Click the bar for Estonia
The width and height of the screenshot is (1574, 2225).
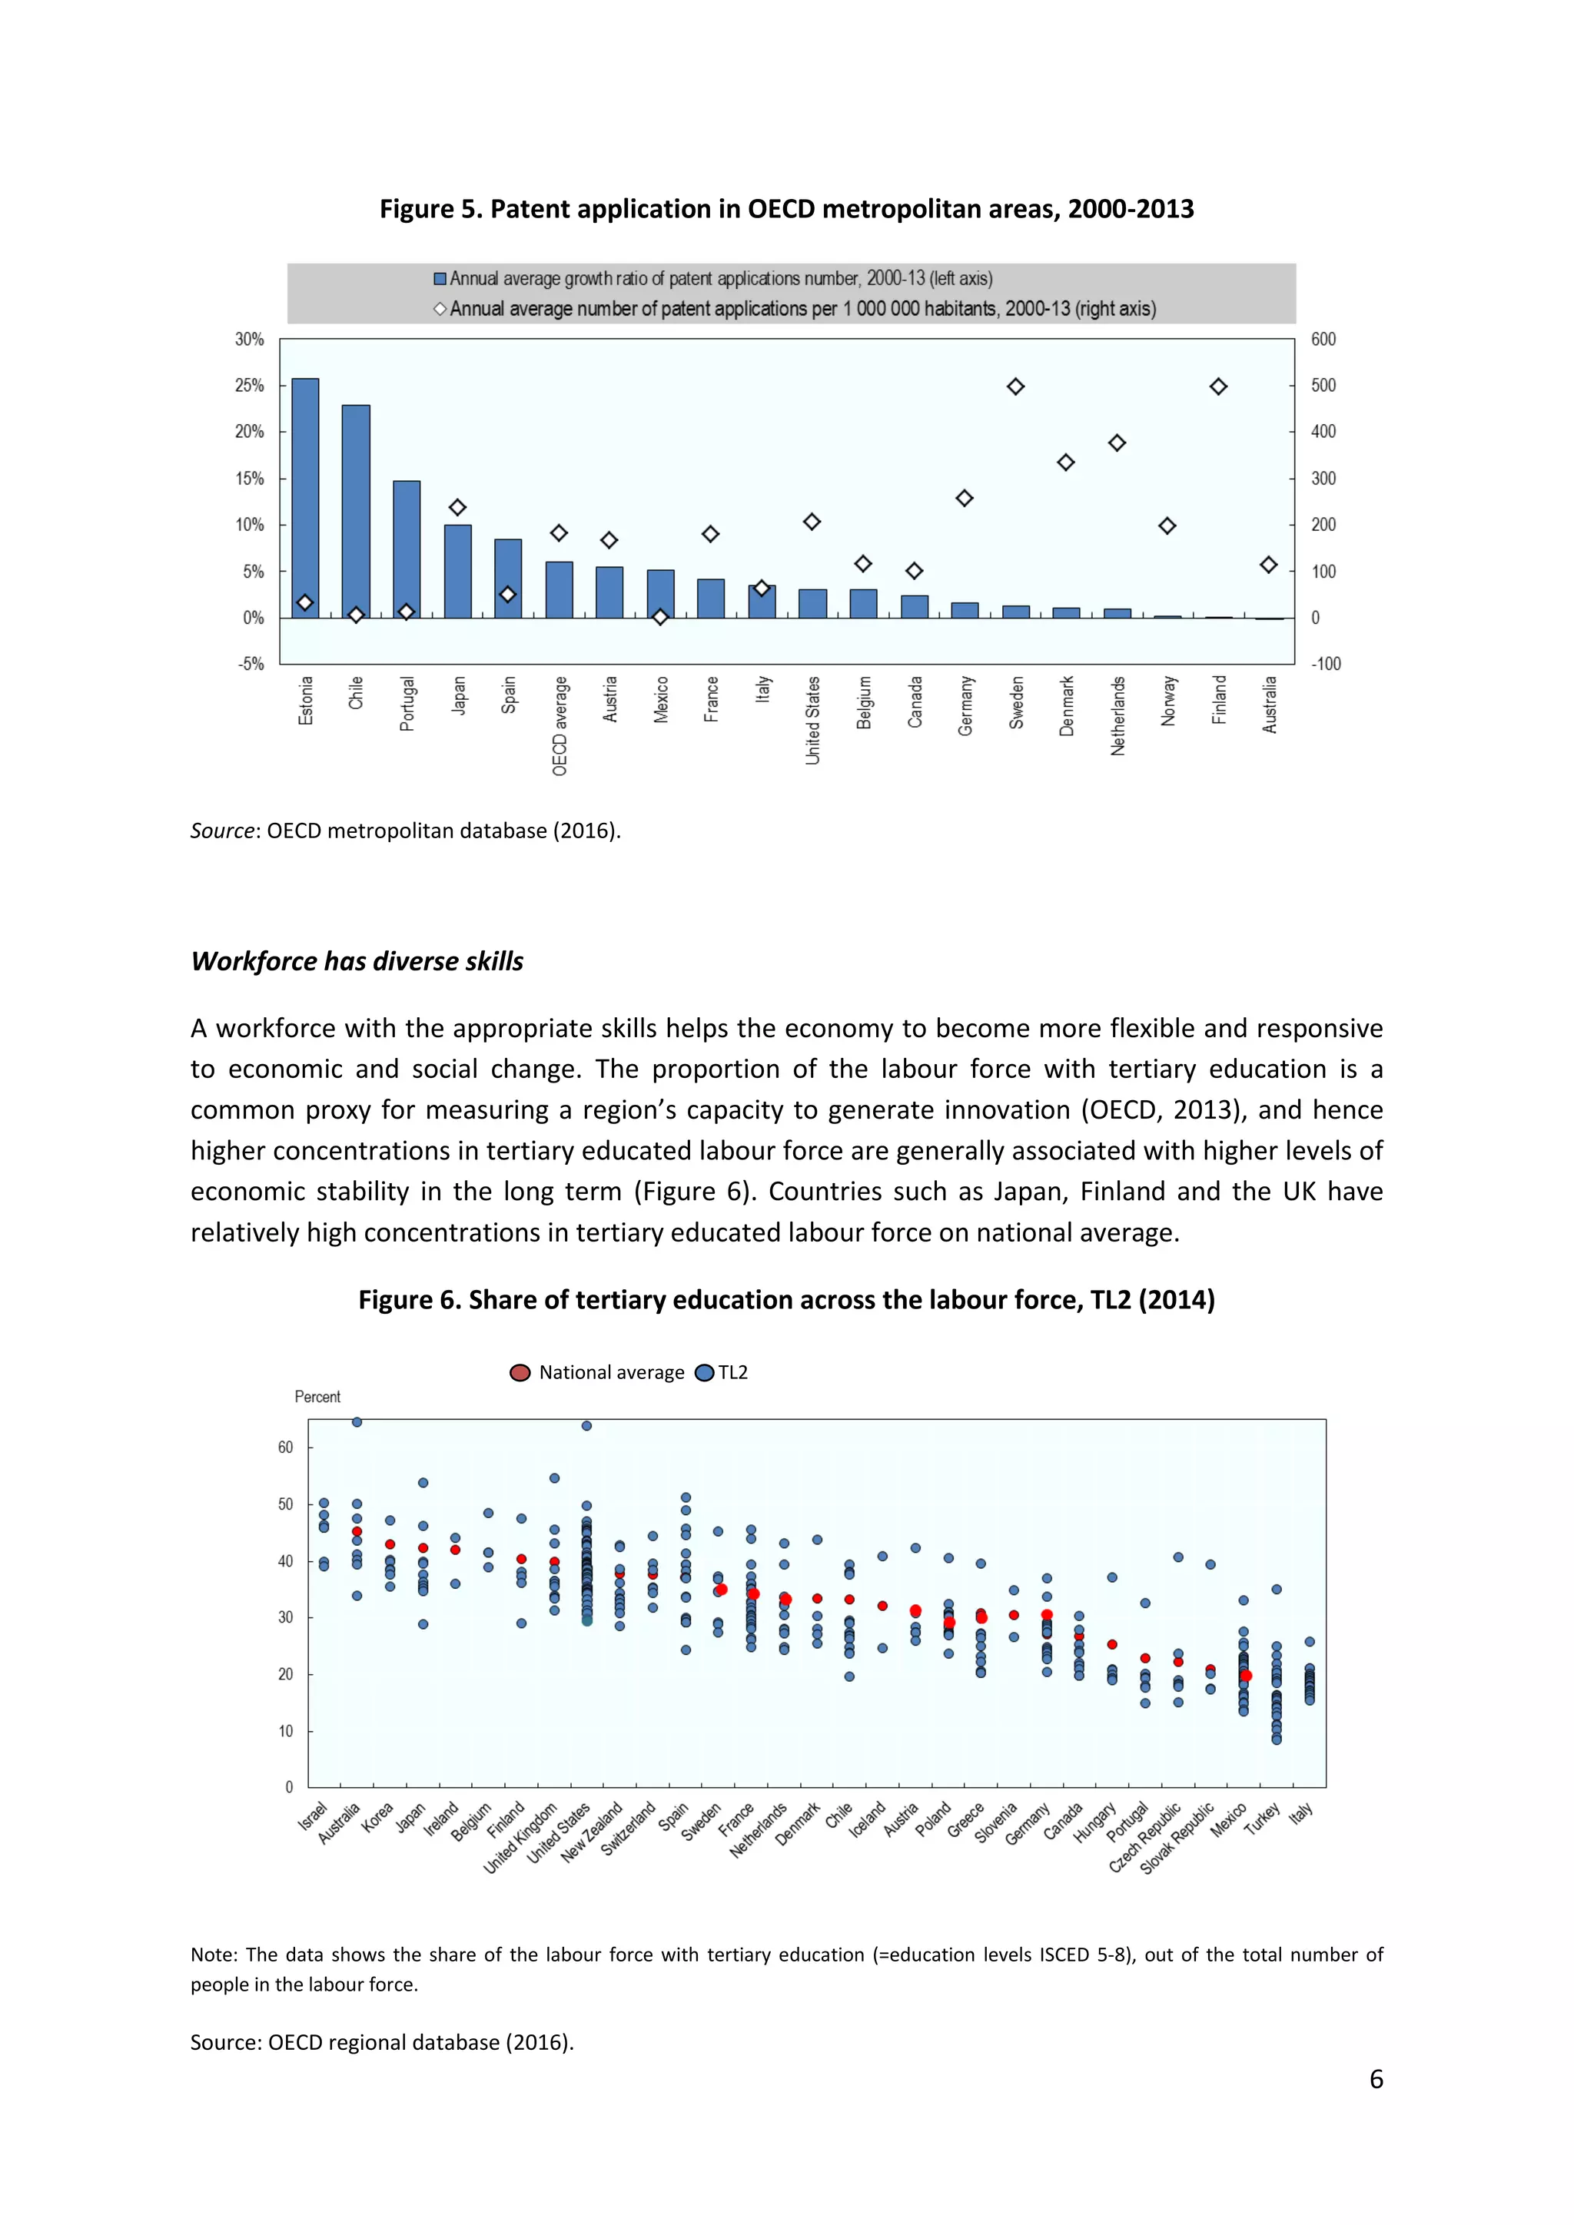click(305, 497)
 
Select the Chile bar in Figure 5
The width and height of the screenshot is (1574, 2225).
click(356, 511)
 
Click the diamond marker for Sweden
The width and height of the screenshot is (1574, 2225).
click(1016, 386)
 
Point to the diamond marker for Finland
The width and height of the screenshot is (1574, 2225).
click(1218, 386)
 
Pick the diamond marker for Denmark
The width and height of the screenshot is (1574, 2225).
click(1066, 463)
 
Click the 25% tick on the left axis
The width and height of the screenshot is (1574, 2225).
click(249, 386)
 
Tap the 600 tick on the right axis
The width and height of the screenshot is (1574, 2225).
click(1323, 339)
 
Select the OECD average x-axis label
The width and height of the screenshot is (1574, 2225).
click(560, 726)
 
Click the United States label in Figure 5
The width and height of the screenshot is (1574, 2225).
click(813, 720)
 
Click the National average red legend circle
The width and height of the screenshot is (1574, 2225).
click(520, 1372)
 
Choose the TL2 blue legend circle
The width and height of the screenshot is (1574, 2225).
click(705, 1372)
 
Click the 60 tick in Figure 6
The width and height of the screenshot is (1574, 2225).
click(285, 1447)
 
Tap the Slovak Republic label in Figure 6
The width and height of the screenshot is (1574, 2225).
click(1177, 1839)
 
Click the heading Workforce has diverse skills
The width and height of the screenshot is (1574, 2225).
click(357, 961)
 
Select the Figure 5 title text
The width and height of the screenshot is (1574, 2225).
click(786, 209)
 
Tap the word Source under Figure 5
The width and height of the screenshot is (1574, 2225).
click(223, 831)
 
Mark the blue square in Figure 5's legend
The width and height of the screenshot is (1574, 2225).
click(440, 279)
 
